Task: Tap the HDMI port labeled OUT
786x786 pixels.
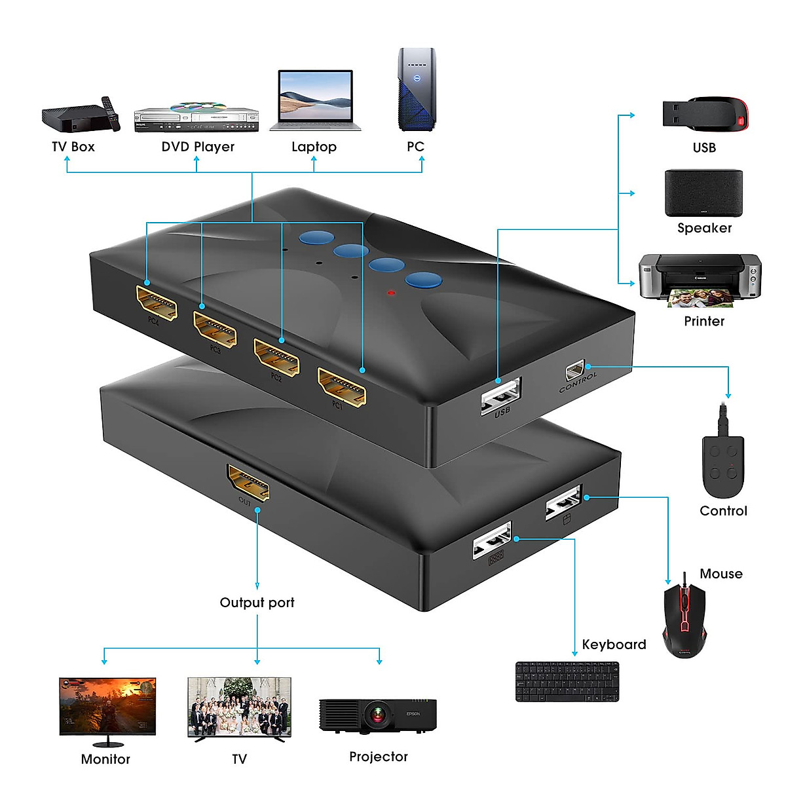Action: tap(248, 483)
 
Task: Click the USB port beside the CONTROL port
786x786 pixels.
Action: tap(501, 394)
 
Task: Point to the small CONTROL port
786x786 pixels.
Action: tap(574, 371)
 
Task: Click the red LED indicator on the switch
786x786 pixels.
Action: tap(392, 293)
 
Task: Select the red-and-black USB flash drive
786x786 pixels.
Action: tap(705, 114)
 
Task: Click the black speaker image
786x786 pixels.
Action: tap(703, 193)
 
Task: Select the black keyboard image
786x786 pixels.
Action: tap(567, 681)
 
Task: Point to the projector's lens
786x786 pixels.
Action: tap(377, 714)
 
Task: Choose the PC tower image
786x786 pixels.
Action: tap(417, 90)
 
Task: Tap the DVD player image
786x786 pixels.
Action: tap(196, 117)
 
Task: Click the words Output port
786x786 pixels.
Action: tap(257, 603)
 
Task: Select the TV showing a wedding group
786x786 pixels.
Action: tap(239, 709)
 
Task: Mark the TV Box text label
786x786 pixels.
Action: tap(73, 147)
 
